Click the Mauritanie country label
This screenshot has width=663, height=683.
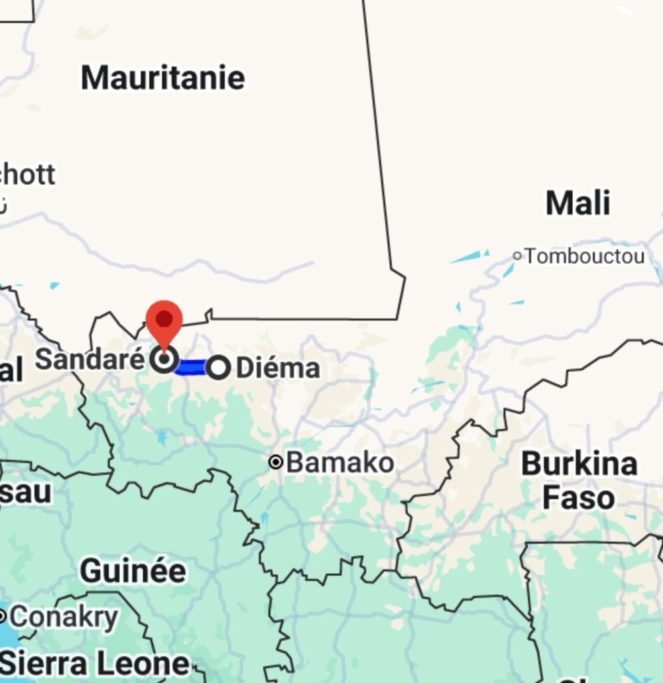click(x=163, y=78)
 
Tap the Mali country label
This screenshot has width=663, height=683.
click(x=577, y=203)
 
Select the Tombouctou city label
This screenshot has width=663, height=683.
click(x=585, y=256)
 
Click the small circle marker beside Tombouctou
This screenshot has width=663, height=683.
click(x=517, y=256)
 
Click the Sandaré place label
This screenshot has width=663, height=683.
click(x=90, y=360)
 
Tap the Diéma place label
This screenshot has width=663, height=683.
click(x=278, y=368)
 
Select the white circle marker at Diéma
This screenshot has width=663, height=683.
click(x=219, y=367)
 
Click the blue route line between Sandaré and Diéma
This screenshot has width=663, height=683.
click(x=192, y=367)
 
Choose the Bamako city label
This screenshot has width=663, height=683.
click(x=339, y=462)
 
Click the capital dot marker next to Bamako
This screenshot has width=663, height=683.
click(x=276, y=462)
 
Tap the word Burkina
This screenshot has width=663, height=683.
click(x=579, y=464)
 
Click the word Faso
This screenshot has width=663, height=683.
click(x=578, y=498)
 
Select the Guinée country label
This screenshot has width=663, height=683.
click(x=133, y=570)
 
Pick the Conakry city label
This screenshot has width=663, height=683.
click(x=64, y=617)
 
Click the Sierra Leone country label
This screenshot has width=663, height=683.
click(x=95, y=663)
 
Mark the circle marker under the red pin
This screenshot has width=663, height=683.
click(x=164, y=360)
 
